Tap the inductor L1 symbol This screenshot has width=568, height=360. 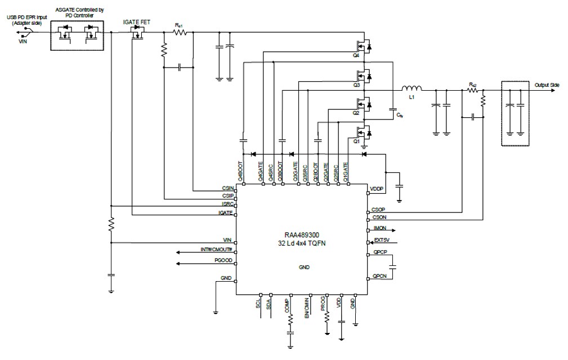click(x=412, y=89)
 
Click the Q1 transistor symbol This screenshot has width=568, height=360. click(x=362, y=132)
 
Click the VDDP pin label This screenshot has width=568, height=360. click(x=377, y=188)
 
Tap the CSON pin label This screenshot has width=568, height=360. click(x=379, y=217)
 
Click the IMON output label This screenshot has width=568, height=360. click(x=379, y=229)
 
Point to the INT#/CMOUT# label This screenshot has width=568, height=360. click(x=217, y=250)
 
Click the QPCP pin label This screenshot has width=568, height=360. click(x=379, y=254)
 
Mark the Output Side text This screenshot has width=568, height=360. click(x=547, y=85)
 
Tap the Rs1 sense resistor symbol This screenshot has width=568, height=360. click(x=180, y=33)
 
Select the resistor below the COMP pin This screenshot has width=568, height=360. click(x=291, y=320)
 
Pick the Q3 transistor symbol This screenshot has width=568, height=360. click(x=362, y=75)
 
